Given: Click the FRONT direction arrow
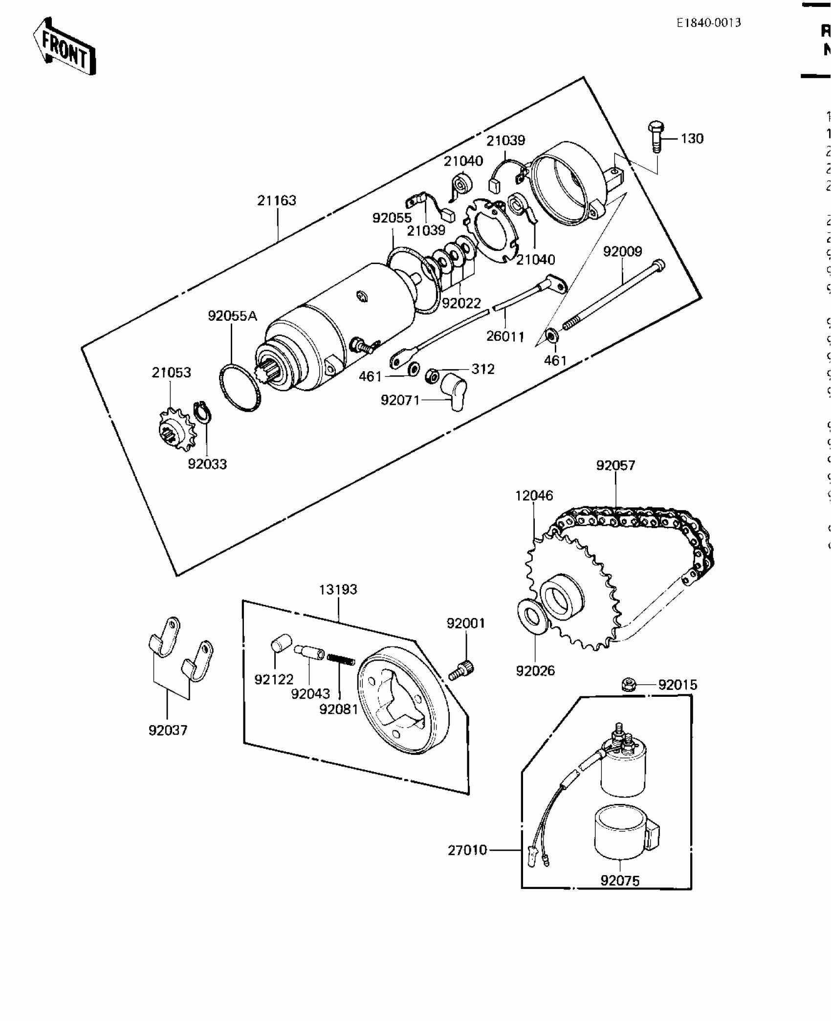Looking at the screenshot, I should (x=65, y=47).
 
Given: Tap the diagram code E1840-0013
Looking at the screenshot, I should (x=708, y=23).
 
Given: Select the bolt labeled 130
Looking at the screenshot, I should (x=655, y=137).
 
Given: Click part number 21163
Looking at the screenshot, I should (x=277, y=200).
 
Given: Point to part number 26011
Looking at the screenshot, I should (x=505, y=336).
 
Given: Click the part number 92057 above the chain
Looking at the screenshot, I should (x=615, y=465).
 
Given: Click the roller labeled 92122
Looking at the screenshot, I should (x=281, y=643).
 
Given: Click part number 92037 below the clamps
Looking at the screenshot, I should (x=168, y=731).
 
